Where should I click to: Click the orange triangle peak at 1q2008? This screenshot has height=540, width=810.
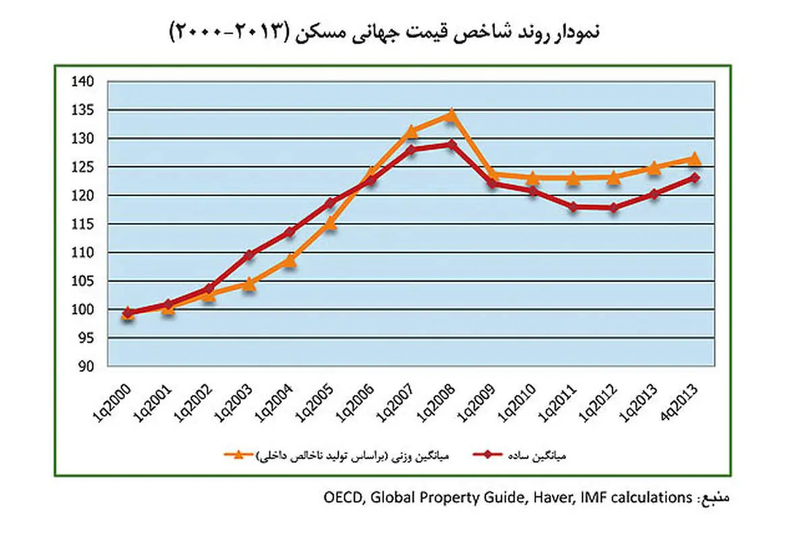point(452,115)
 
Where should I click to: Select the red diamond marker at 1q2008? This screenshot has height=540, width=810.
point(452,144)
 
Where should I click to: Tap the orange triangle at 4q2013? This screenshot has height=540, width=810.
point(693,159)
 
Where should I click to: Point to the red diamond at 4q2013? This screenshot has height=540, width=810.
point(693,178)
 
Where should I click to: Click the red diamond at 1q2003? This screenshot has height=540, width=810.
point(249,254)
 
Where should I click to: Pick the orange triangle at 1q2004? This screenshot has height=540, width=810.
point(290,260)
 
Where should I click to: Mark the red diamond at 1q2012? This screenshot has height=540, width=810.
point(613,208)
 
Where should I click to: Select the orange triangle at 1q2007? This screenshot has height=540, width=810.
point(411,131)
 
